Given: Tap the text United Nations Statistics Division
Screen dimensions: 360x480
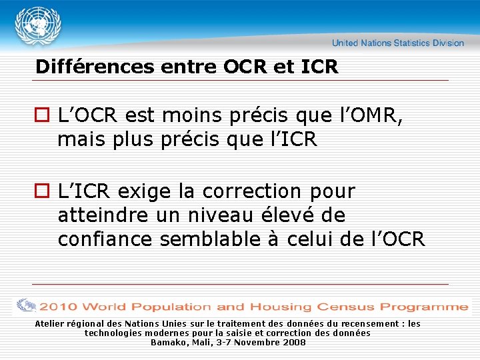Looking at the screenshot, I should [398, 43].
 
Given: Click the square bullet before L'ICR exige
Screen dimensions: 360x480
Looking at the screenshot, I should [44, 192].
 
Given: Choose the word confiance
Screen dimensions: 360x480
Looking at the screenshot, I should [105, 239].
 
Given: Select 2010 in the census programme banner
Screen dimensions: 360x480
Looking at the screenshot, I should [58, 307].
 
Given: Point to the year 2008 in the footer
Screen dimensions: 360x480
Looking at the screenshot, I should [294, 342].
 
